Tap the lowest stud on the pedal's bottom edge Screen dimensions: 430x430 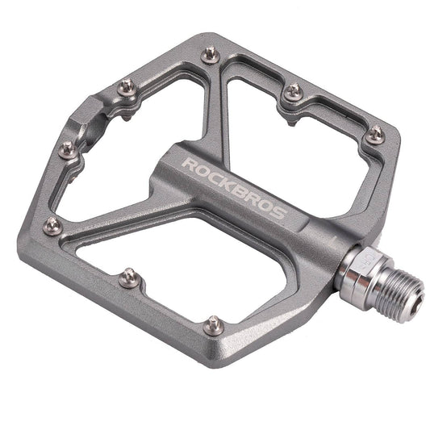click(x=212, y=324)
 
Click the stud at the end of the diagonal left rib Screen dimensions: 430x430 click(x=53, y=227)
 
